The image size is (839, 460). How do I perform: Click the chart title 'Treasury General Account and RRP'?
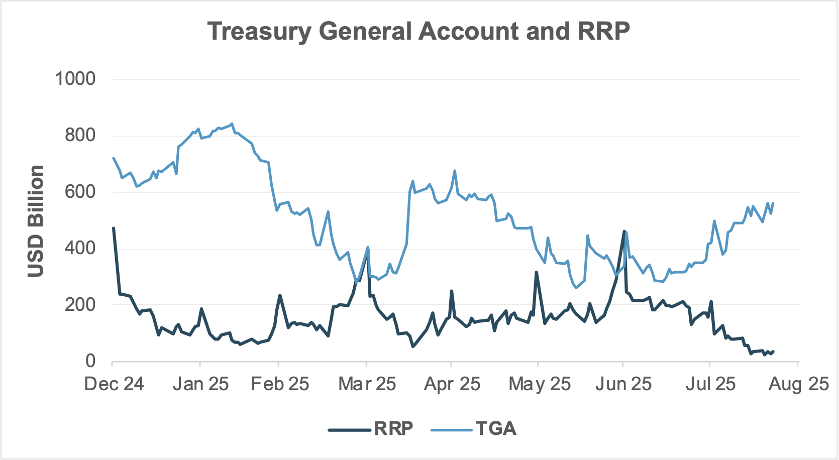pyautogui.click(x=418, y=31)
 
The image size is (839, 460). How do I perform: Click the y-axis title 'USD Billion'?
pyautogui.click(x=36, y=221)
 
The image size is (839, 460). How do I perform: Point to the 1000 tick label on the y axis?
pyautogui.click(x=75, y=78)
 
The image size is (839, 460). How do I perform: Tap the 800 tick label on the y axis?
pyautogui.click(x=80, y=135)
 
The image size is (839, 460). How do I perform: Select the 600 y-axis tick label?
pyautogui.click(x=80, y=191)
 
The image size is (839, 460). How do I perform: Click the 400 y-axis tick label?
pyautogui.click(x=80, y=248)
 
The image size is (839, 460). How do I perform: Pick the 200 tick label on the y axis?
pyautogui.click(x=80, y=304)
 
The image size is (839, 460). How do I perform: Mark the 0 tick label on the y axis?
pyautogui.click(x=90, y=361)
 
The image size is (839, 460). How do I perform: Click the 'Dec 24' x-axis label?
pyautogui.click(x=114, y=384)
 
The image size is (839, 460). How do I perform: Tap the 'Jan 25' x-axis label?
pyautogui.click(x=200, y=384)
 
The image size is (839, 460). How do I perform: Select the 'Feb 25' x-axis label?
pyautogui.click(x=280, y=384)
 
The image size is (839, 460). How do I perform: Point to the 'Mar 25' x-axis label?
pyautogui.click(x=367, y=384)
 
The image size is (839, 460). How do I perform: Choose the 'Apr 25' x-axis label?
pyautogui.click(x=452, y=384)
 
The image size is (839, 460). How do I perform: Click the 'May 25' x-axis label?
pyautogui.click(x=540, y=384)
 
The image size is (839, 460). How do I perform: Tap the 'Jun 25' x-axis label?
pyautogui.click(x=623, y=384)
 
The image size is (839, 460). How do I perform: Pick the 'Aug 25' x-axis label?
pyautogui.click(x=798, y=384)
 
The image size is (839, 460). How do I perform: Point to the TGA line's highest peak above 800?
pyautogui.click(x=231, y=124)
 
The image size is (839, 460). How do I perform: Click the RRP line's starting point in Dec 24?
pyautogui.click(x=114, y=228)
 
